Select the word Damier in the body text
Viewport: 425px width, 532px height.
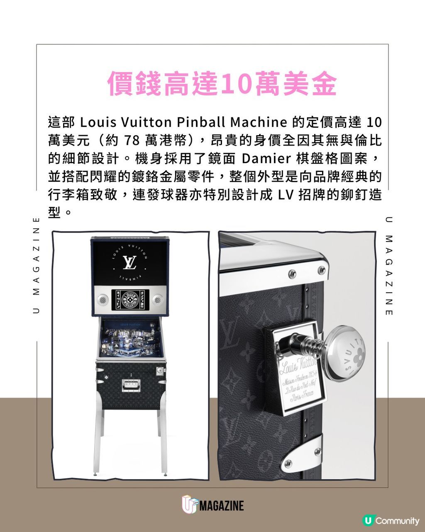266,159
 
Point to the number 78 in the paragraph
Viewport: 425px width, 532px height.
132,141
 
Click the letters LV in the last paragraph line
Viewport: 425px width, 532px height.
286,195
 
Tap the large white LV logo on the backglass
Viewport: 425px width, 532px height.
129,262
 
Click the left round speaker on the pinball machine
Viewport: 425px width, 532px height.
103,299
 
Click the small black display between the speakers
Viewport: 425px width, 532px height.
129,300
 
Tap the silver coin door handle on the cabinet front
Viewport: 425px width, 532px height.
131,385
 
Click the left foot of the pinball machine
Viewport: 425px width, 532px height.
96,472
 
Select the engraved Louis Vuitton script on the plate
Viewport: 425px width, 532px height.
296,366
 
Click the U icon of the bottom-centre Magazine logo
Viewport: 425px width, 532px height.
189,505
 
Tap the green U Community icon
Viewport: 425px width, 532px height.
367,520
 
